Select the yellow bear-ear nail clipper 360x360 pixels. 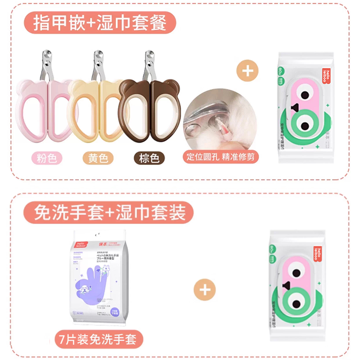click(x=97, y=108)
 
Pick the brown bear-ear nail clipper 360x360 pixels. click(x=150, y=108)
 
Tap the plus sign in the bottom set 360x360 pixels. click(x=205, y=289)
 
